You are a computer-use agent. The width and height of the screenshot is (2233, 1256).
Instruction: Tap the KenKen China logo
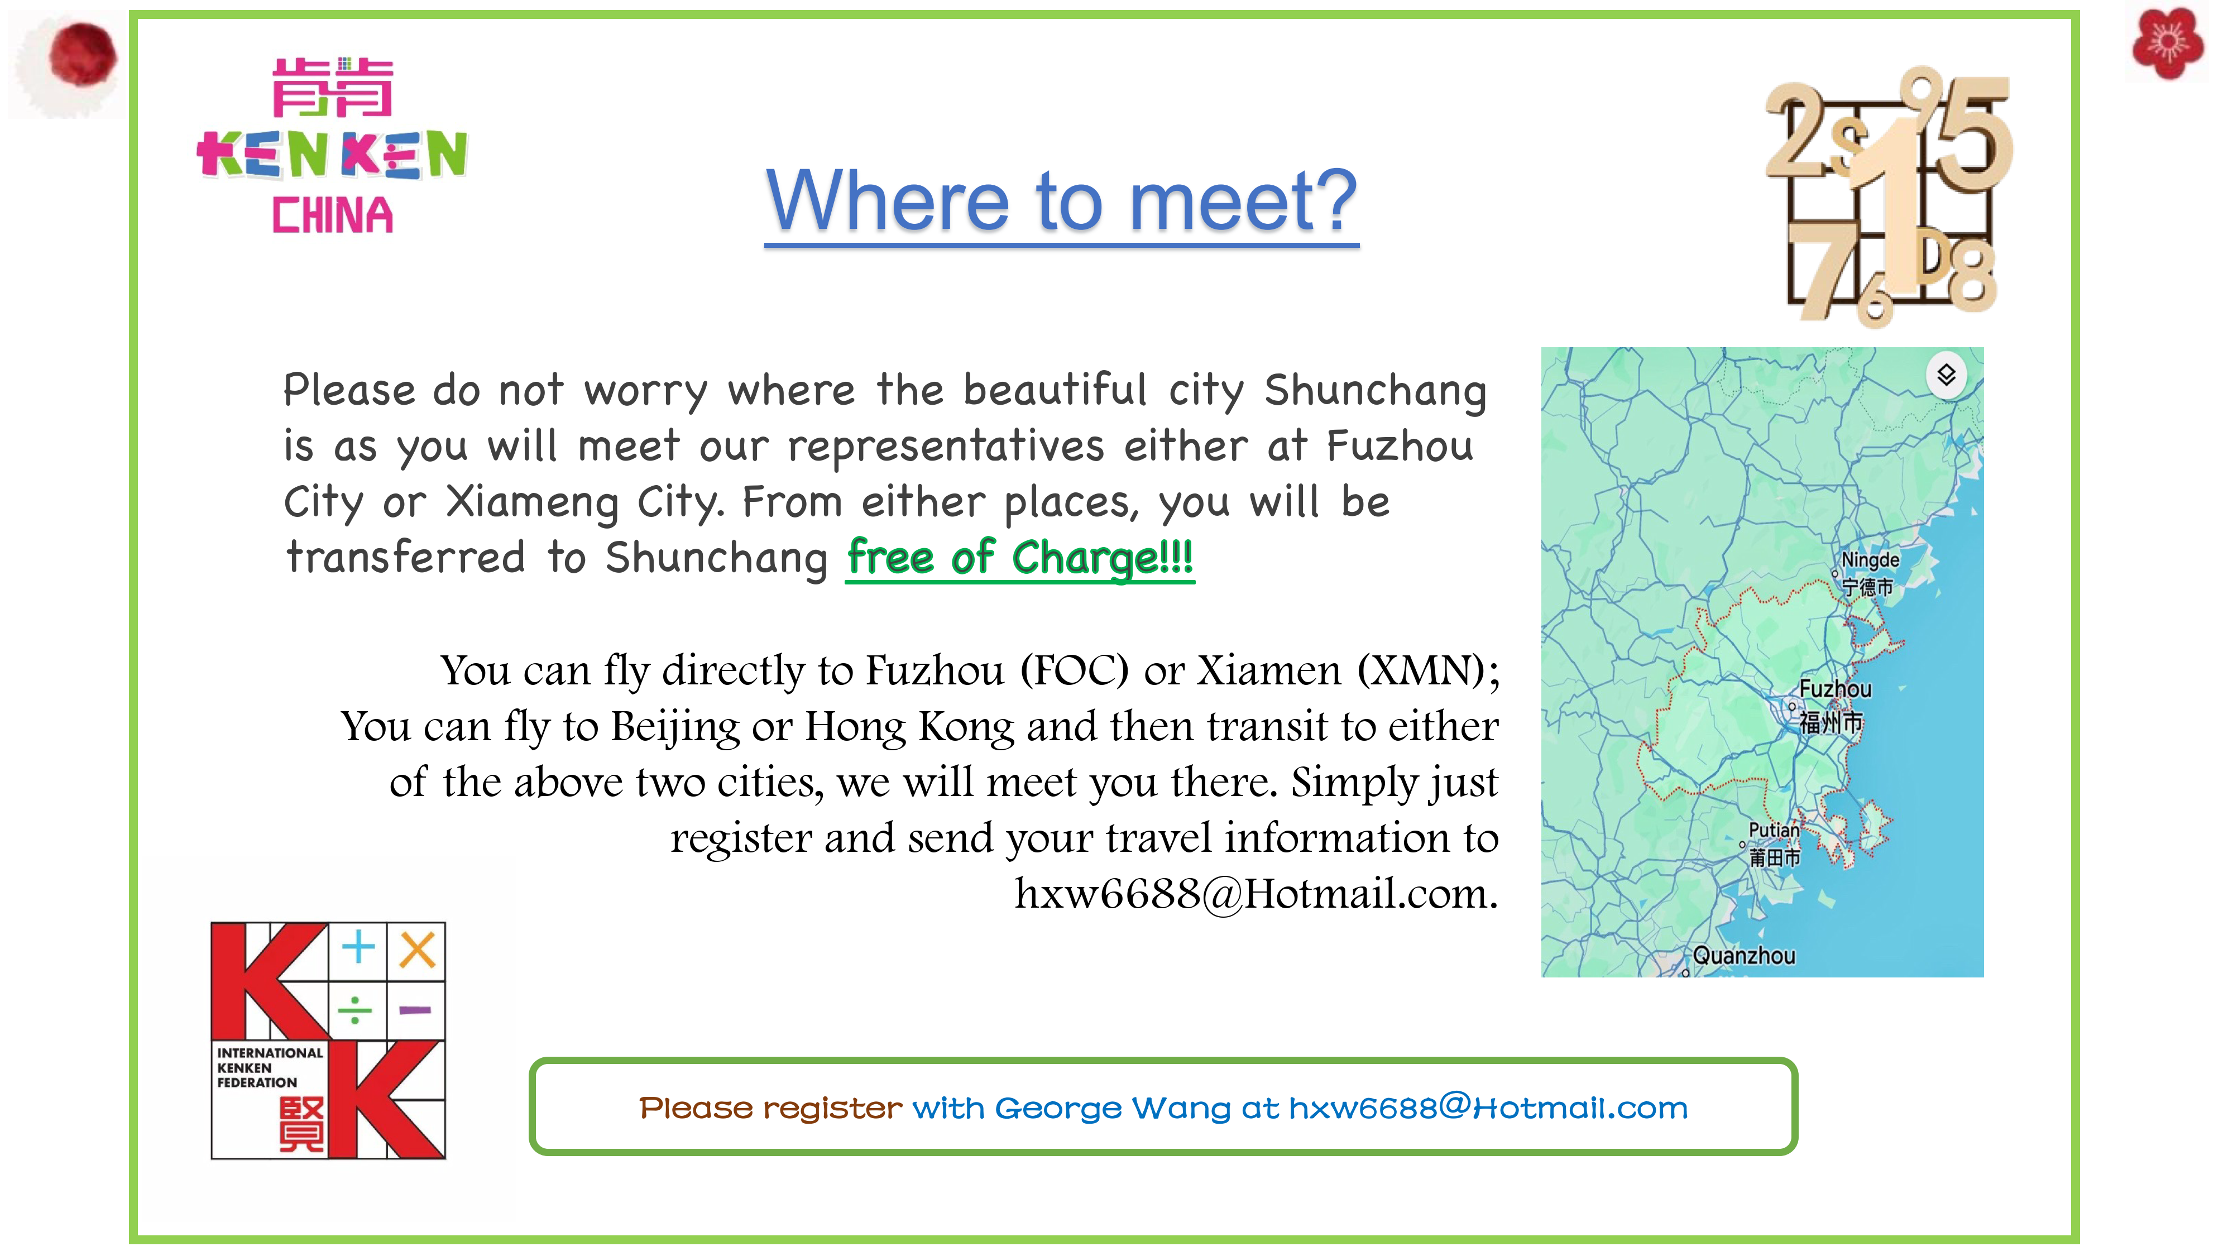click(x=332, y=146)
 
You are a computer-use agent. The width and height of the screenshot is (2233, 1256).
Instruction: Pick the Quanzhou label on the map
click(x=1743, y=956)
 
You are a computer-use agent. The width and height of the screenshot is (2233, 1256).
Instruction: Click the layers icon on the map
click(x=1946, y=375)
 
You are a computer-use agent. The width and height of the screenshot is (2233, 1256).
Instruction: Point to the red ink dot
click(x=83, y=55)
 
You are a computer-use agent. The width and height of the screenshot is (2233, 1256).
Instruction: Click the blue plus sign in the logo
click(x=358, y=947)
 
